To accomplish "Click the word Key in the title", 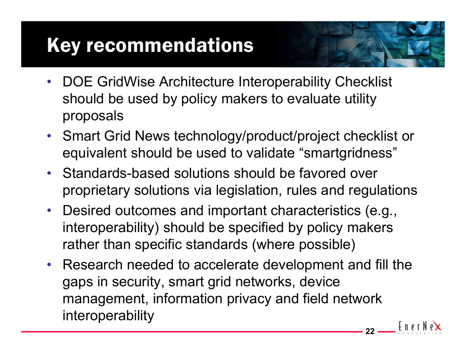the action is point(64,46).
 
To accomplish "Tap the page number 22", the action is point(370,331).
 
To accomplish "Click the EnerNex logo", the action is point(420,327).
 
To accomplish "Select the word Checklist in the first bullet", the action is point(364,82).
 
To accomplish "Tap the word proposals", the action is point(93,116).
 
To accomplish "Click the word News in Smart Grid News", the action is point(152,136).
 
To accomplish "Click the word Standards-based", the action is point(116,173).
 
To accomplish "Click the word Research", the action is point(92,264).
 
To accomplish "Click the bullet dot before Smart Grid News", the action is point(49,136).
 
